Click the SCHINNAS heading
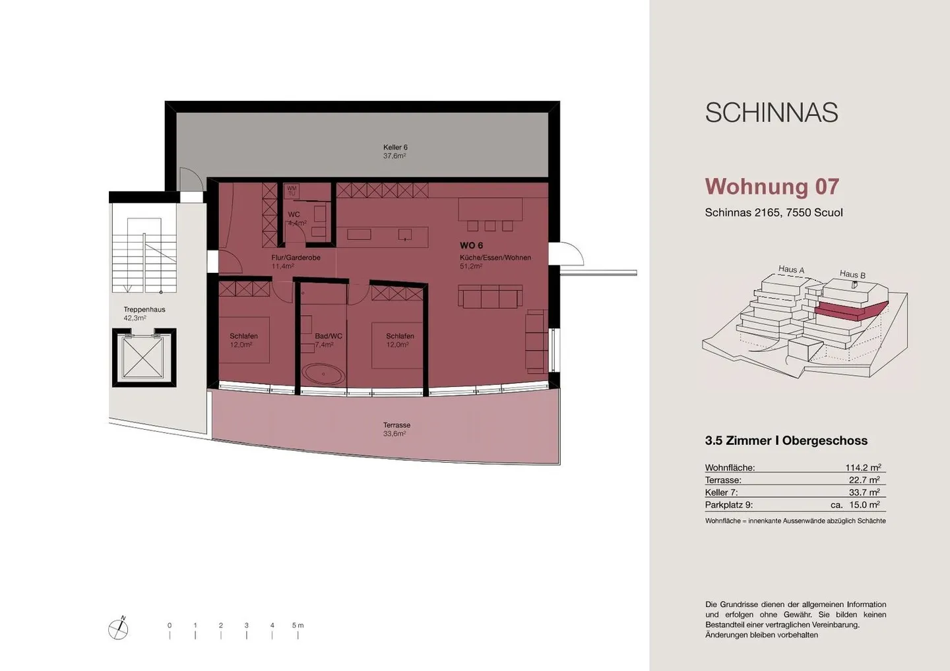[x=771, y=113]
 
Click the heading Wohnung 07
[x=771, y=187]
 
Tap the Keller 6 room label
[x=395, y=152]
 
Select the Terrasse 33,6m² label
[x=396, y=429]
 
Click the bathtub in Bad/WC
[x=323, y=375]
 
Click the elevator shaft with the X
[x=143, y=357]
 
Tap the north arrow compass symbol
[x=118, y=629]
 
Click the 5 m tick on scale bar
[x=298, y=634]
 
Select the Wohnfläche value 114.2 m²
[x=863, y=468]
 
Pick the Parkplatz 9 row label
[x=728, y=505]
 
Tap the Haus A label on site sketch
[x=791, y=269]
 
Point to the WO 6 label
[x=471, y=245]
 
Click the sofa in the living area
[x=490, y=297]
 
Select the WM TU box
[x=292, y=190]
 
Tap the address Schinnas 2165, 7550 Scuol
[x=773, y=212]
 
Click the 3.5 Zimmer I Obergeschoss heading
[x=786, y=440]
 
